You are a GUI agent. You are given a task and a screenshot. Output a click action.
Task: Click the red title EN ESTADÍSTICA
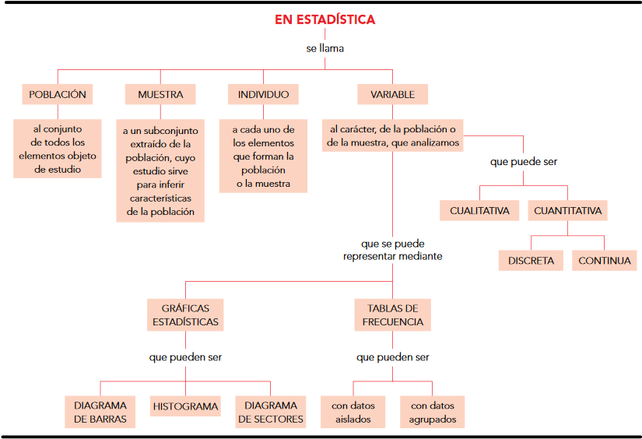point(325,19)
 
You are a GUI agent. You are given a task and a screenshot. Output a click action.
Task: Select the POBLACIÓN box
point(58,95)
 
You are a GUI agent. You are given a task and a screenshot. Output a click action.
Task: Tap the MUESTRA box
point(160,95)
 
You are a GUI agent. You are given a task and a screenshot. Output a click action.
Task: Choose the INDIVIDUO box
point(263,95)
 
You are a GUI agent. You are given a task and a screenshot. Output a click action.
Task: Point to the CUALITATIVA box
point(479,211)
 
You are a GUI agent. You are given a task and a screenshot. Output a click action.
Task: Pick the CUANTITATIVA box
point(567,211)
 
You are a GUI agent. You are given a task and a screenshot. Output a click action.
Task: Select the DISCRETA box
point(531,261)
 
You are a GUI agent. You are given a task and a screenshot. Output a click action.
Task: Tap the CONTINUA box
point(605,261)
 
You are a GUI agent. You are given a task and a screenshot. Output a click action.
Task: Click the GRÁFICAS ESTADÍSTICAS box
point(185,315)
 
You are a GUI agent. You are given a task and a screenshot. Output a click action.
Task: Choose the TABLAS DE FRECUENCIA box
point(393,315)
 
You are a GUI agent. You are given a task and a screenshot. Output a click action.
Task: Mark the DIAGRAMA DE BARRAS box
point(100,413)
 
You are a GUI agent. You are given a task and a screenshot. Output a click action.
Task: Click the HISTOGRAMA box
point(185,406)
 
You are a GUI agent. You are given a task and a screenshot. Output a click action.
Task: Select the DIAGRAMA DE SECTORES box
point(271,413)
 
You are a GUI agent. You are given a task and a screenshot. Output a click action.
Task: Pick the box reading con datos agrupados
point(433,413)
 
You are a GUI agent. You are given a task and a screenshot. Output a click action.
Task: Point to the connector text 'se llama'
point(325,48)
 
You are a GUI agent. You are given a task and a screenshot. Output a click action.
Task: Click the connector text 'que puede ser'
point(523,163)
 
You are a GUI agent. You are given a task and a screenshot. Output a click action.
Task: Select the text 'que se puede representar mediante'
point(393,250)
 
